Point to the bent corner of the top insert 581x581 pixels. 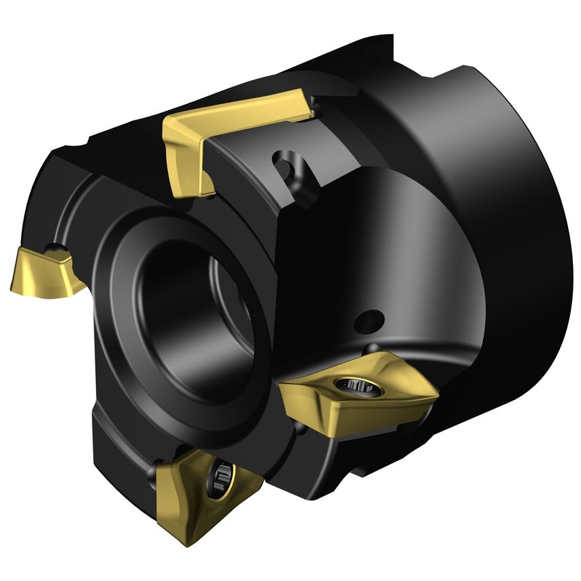coord(178,129)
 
